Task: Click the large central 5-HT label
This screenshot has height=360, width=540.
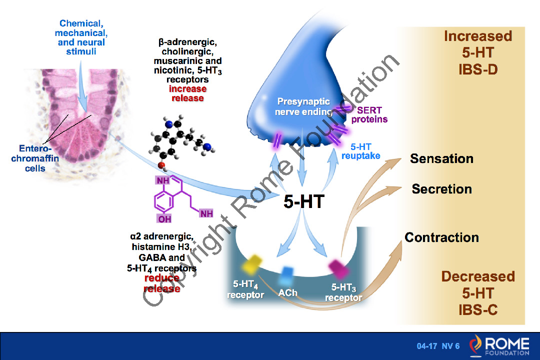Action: (x=304, y=201)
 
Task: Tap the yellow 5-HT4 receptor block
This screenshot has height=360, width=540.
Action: (x=252, y=264)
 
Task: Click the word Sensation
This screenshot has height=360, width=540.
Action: (x=441, y=159)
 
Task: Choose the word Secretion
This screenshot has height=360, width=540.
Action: (x=441, y=189)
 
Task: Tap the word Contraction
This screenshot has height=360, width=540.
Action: (x=441, y=237)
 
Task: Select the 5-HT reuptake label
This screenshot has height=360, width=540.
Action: (x=360, y=151)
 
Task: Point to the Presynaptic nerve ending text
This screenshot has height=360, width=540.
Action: (x=304, y=106)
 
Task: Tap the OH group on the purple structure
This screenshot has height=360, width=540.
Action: (x=164, y=219)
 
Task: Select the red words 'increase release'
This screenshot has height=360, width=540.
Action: (x=187, y=93)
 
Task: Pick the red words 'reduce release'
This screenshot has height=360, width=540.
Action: (x=161, y=283)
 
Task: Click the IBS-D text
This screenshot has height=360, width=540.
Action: (x=477, y=69)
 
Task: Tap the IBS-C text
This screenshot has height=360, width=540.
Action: (x=477, y=310)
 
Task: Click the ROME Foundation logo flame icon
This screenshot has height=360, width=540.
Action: (x=476, y=345)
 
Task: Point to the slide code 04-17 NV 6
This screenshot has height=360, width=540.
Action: (x=438, y=346)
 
